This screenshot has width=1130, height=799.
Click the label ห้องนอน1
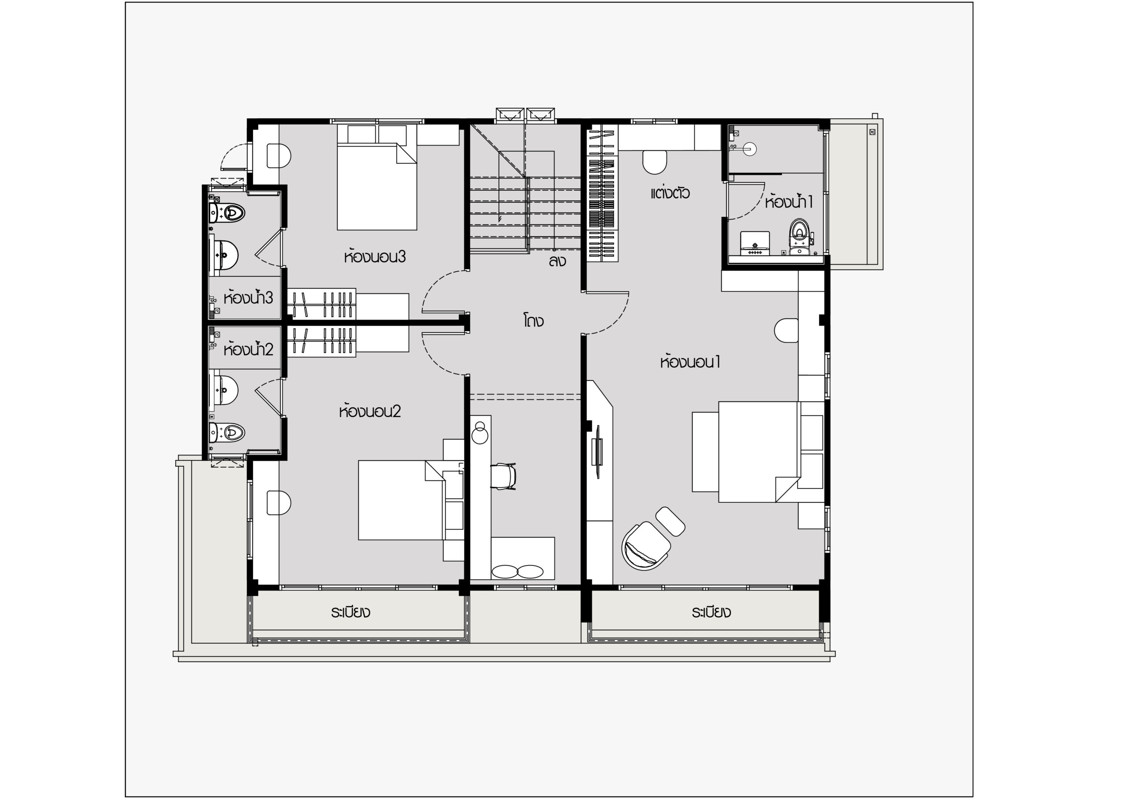[x=690, y=362]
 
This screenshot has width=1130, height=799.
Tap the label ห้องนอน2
[x=369, y=411]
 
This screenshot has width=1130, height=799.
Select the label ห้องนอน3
[x=375, y=256]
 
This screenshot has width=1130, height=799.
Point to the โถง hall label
[x=533, y=321]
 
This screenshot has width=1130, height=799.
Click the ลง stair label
[x=557, y=261]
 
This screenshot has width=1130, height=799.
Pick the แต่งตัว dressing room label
[x=670, y=192]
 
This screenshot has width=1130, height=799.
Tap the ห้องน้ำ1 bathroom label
[x=788, y=201]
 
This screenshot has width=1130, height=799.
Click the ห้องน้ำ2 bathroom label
[x=248, y=349]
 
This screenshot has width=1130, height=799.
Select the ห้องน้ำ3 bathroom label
[x=248, y=298]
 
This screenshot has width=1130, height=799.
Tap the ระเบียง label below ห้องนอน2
[x=350, y=612]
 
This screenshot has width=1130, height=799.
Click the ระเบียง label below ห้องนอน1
[x=711, y=612]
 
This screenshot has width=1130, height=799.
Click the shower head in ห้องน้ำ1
[x=750, y=148]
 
